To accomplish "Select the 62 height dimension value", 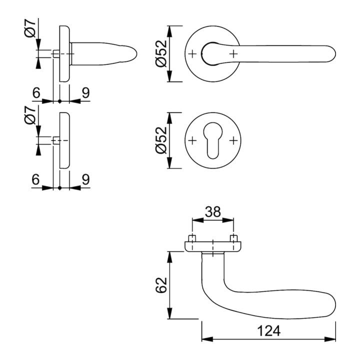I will [160, 285].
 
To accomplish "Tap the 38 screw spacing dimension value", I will [213, 212].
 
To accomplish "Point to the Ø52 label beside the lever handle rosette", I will [160, 53].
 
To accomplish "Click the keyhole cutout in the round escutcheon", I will [213, 141].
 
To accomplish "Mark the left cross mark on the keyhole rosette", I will [192, 141].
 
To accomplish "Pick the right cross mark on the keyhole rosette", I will [233, 141].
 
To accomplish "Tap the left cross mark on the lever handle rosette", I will [192, 53].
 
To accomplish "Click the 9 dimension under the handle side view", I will [85, 92].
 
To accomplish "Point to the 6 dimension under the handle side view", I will [35, 92].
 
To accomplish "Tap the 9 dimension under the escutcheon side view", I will [85, 179].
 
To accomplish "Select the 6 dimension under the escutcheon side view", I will [35, 179].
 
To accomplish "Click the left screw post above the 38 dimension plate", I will [192, 237].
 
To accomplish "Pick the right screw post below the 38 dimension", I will [233, 237].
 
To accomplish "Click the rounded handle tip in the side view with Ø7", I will [131, 53].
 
